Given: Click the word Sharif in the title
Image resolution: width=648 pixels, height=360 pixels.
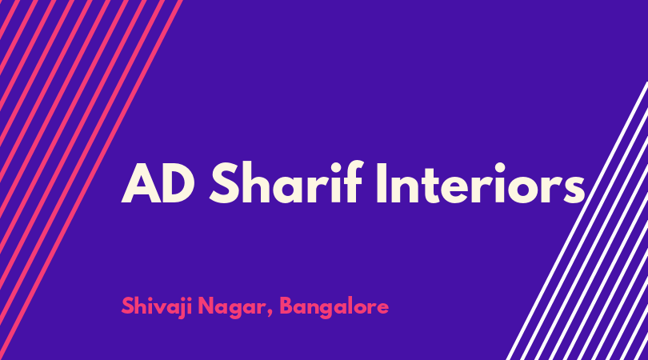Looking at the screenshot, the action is click(x=286, y=182).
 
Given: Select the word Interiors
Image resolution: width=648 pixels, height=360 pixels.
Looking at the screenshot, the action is click(x=482, y=182).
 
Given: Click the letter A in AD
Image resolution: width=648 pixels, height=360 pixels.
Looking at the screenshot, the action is click(x=141, y=183).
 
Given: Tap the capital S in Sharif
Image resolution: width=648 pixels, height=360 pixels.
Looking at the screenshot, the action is click(x=223, y=183).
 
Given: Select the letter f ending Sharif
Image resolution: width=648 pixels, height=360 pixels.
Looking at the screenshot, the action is click(x=354, y=182).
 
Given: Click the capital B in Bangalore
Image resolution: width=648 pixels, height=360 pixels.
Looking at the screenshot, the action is click(x=287, y=306).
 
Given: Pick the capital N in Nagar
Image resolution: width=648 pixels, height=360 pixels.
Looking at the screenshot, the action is click(x=206, y=306).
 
